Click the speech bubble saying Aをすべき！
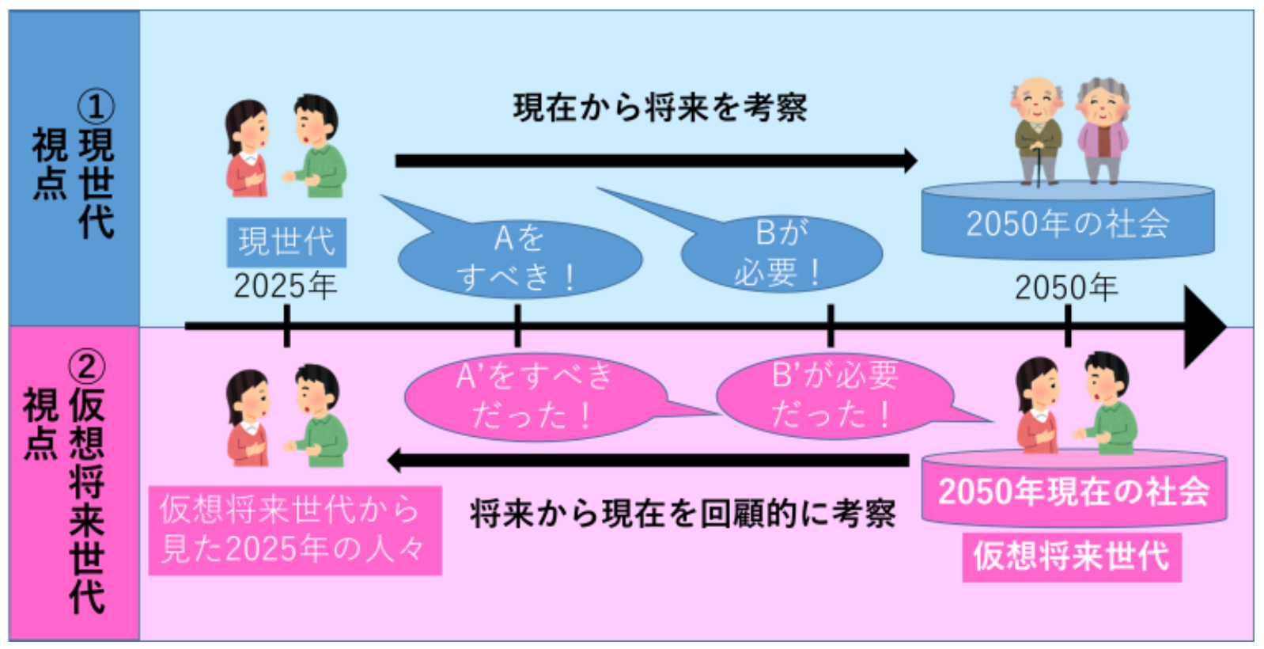(520, 258)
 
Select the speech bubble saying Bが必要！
(781, 253)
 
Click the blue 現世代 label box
(286, 241)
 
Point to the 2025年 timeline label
(285, 286)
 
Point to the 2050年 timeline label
(1066, 287)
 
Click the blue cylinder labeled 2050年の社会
(1067, 223)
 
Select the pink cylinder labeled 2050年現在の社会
(1073, 491)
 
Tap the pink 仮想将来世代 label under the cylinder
(1071, 556)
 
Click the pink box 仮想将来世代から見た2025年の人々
(294, 529)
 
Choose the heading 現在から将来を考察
(660, 108)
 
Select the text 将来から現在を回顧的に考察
(683, 514)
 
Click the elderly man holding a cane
(1038, 131)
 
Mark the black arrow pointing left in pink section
(649, 460)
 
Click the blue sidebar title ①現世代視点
(74, 166)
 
